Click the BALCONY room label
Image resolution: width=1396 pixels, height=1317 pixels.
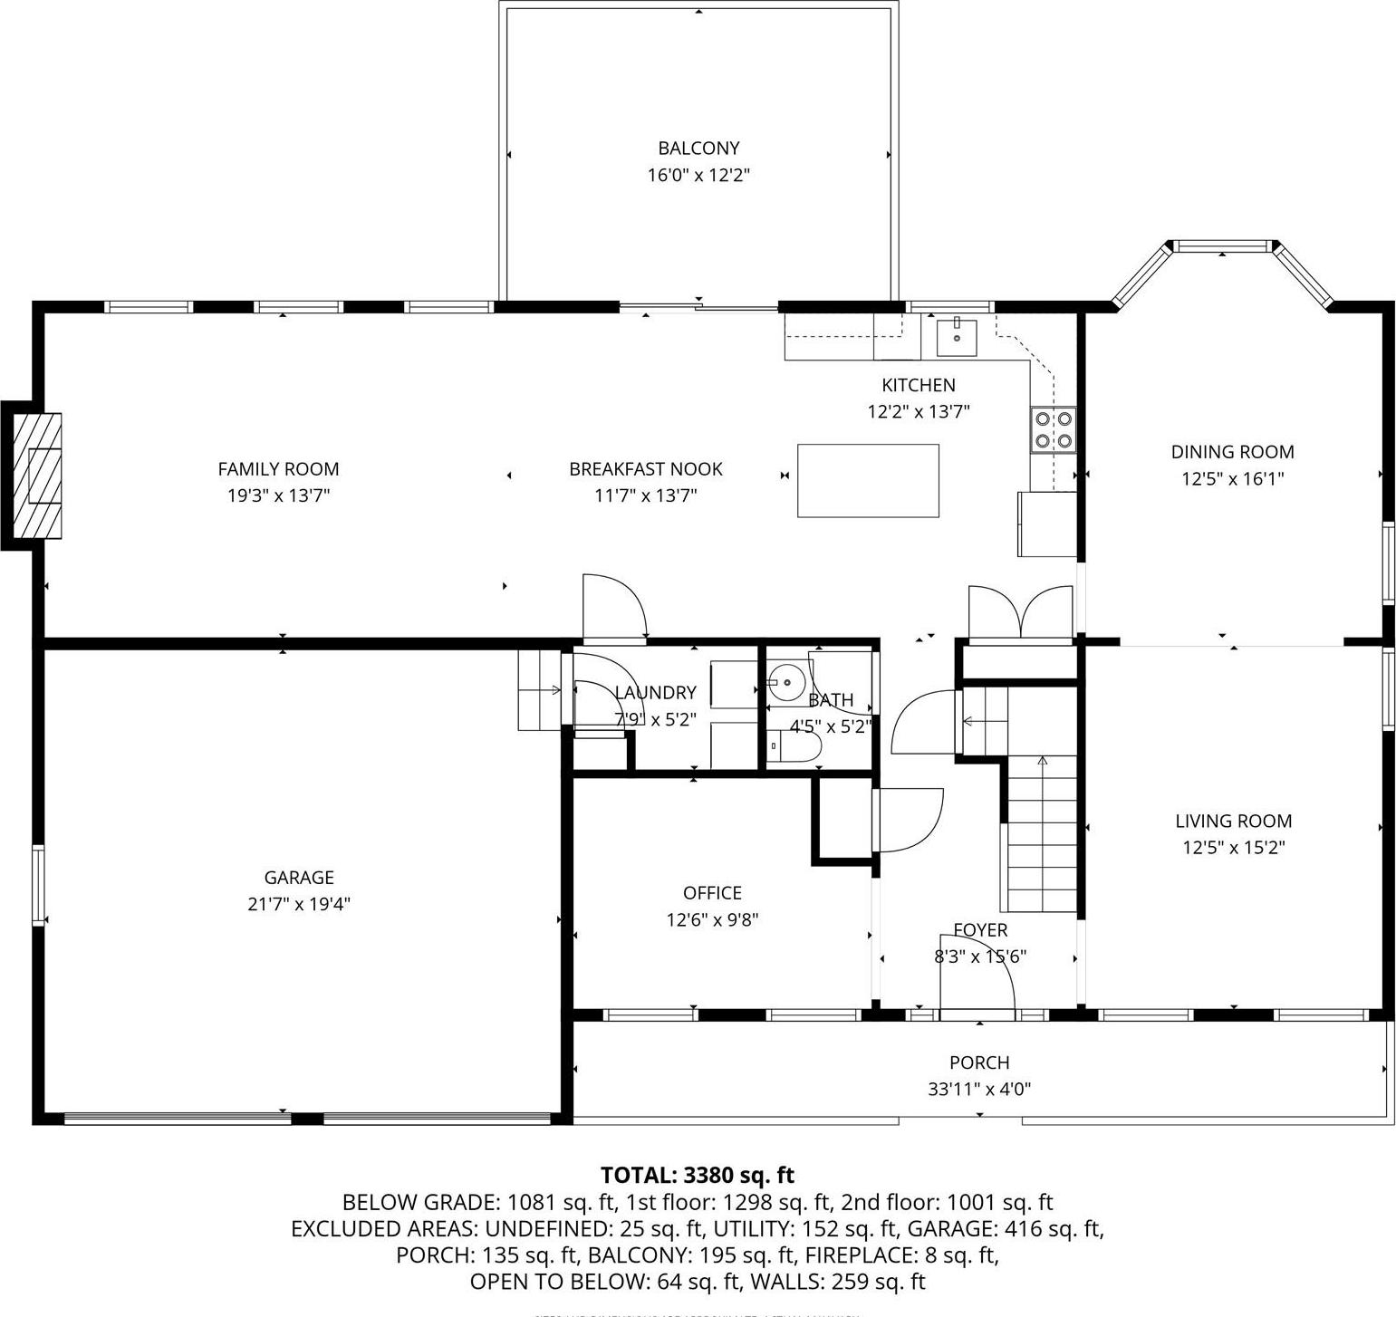[698, 149]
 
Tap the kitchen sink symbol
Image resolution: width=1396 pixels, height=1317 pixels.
[957, 337]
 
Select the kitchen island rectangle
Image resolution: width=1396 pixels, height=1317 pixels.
[867, 480]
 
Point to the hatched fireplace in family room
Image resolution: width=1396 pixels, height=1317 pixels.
[38, 476]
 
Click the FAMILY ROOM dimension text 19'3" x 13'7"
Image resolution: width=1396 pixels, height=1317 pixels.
[278, 495]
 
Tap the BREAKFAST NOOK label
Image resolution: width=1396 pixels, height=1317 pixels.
[645, 469]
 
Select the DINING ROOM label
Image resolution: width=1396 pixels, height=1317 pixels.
[1232, 452]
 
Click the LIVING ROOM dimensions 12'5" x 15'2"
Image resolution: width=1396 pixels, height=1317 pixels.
[1233, 848]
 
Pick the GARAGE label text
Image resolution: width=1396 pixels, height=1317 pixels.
[299, 877]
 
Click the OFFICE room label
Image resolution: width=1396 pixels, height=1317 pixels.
[712, 893]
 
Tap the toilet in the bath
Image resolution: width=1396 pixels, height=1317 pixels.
[795, 746]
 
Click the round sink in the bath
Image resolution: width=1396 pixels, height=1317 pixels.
[785, 681]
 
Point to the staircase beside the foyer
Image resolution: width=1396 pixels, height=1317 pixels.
[1042, 833]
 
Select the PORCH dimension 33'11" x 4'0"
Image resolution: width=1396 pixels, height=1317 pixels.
[979, 1089]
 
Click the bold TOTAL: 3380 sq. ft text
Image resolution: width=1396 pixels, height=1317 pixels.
[697, 1175]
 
